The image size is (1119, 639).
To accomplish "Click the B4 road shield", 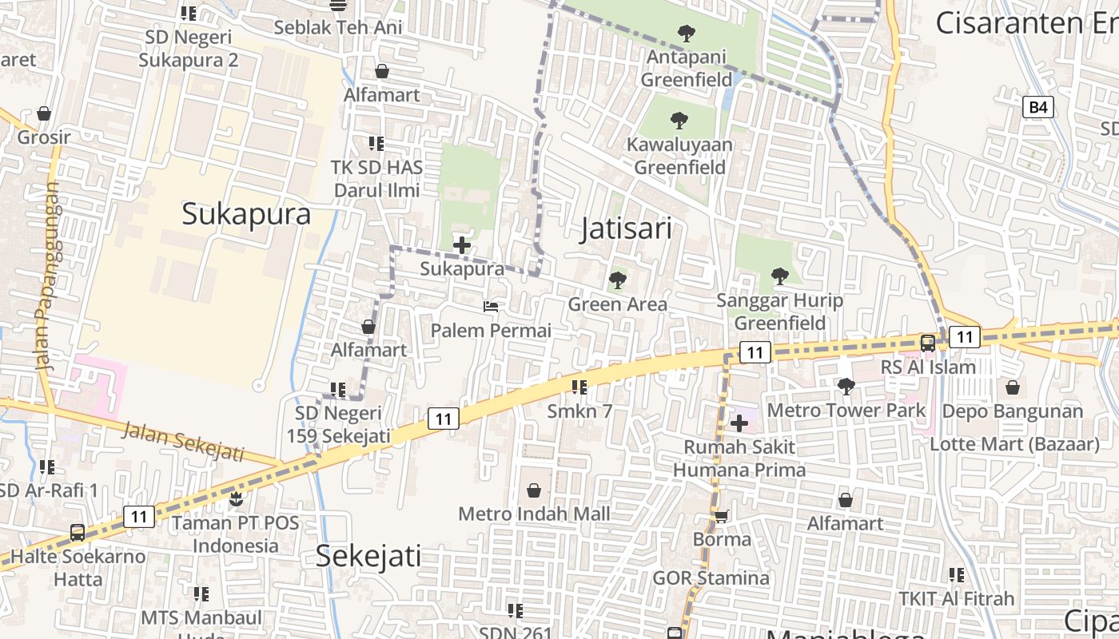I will tap(1037, 107).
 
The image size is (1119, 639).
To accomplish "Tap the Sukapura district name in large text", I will tap(246, 214).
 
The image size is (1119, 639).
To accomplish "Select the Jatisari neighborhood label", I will tap(626, 229).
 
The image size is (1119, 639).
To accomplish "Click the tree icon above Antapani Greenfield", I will tap(685, 34).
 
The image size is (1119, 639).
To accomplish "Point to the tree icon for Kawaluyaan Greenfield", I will tap(679, 121).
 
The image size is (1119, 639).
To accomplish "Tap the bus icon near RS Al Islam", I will tap(927, 343).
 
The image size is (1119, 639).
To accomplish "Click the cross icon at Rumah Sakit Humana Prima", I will tap(739, 423).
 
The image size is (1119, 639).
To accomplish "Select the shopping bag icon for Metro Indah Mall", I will tap(533, 490).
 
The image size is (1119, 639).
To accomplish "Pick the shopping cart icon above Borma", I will tap(721, 516).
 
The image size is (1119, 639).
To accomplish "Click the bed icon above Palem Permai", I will tap(491, 306).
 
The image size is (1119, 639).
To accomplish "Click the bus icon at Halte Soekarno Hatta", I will tap(78, 532).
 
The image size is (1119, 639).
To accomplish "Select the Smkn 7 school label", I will tap(579, 411).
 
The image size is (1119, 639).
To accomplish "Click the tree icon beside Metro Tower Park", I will tap(846, 387).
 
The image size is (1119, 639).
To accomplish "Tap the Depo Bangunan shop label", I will tap(1013, 411).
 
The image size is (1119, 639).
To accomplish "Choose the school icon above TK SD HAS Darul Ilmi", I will tap(376, 144).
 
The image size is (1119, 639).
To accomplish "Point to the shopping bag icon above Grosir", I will tap(44, 113).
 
